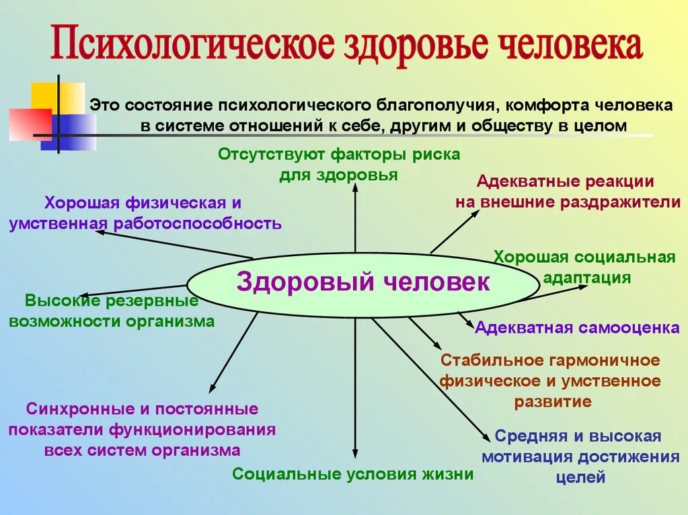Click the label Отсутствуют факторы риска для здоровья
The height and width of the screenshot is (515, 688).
click(339, 165)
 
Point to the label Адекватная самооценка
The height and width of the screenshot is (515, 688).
click(577, 328)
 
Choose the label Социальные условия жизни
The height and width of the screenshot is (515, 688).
click(353, 474)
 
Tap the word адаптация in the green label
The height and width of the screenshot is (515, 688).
click(586, 278)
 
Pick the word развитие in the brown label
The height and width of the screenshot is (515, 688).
click(553, 402)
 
